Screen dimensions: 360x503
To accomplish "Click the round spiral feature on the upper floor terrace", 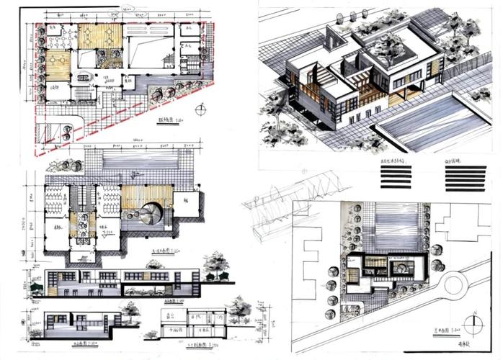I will [x=152, y=215].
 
